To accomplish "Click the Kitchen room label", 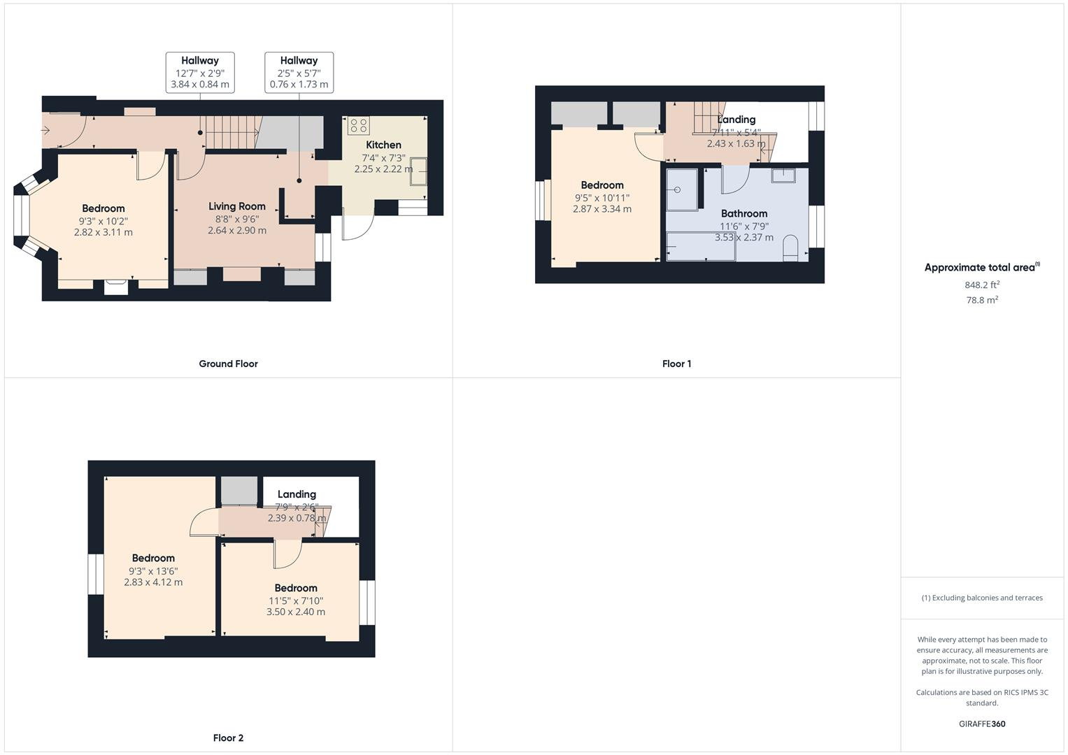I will point(383,145).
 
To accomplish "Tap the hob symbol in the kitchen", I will point(359,126).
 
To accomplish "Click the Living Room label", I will point(237,206).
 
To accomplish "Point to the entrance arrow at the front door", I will point(46,130).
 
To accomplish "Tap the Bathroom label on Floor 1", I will point(744,214).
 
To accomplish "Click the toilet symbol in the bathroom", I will point(790,249).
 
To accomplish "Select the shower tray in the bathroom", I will point(682,189).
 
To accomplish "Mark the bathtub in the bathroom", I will point(700,247).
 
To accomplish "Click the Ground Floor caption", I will point(228,364).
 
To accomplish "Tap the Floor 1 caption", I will point(676,364).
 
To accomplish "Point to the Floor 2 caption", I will point(228,738).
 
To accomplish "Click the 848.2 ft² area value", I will point(982,285).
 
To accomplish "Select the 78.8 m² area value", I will point(982,300).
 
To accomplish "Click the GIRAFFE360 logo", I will point(982,724).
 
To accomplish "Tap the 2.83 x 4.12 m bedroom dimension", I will point(153,582).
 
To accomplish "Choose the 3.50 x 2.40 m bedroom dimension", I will point(295,612).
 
